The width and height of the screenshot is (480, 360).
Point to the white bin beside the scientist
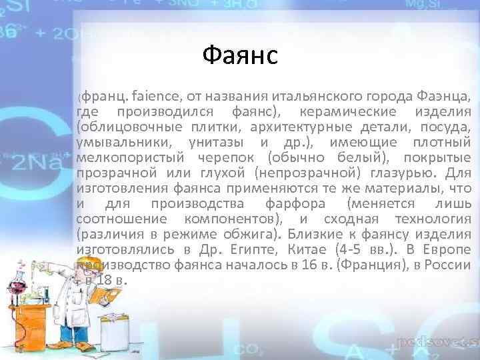pos(114,331)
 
